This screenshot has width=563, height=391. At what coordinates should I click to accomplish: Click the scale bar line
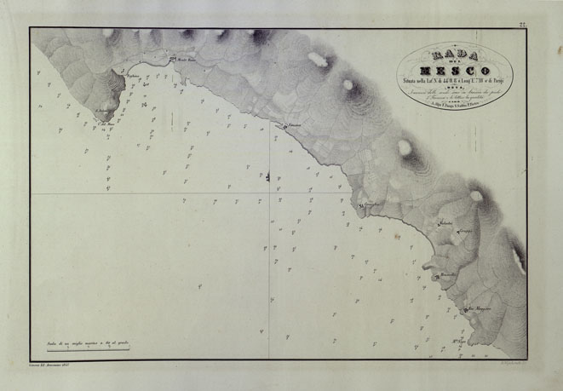83,349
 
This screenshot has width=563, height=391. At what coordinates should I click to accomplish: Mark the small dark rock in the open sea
267,177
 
